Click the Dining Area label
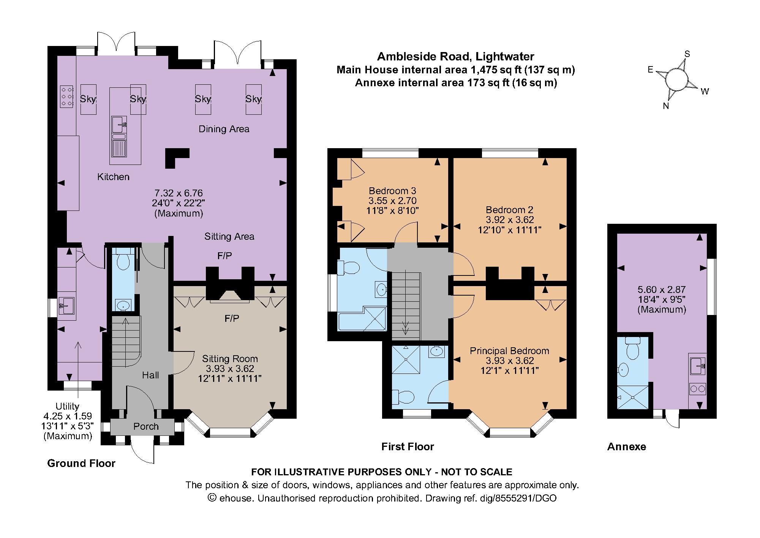(224, 129)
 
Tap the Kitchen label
(113, 177)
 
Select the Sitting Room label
(230, 359)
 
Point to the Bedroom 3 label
(392, 191)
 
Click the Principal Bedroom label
(509, 351)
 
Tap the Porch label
(146, 426)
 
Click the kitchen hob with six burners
(67, 97)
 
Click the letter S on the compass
(687, 54)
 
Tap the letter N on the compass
(666, 106)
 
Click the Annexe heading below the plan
(627, 446)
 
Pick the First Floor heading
(408, 446)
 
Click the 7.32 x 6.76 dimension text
(179, 193)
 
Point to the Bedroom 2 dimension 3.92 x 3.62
(510, 220)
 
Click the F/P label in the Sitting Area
(224, 256)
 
